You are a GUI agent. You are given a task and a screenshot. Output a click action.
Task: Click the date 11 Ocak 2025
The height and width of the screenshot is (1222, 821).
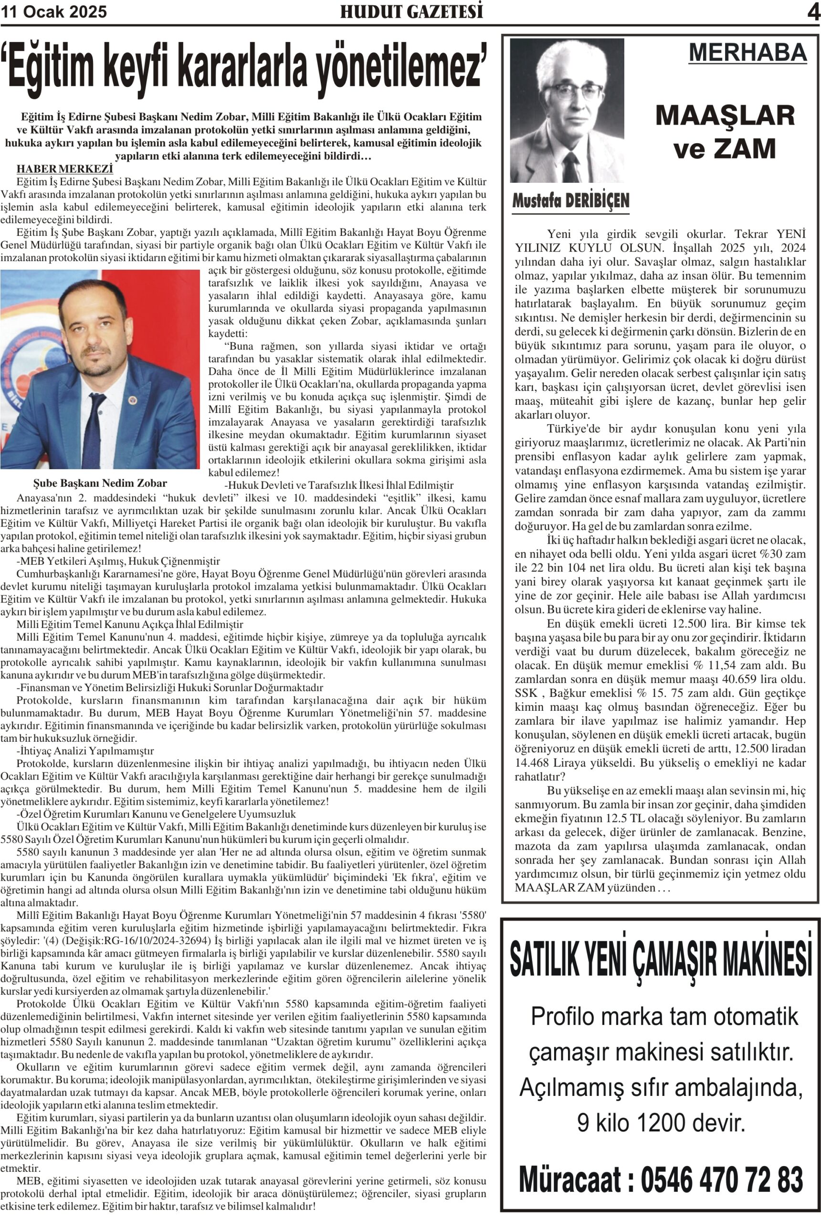coord(54,11)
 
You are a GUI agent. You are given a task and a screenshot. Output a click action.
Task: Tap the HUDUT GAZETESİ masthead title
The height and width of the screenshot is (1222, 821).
coord(411,11)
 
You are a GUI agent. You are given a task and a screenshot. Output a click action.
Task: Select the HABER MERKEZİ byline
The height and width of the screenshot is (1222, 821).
coord(65,169)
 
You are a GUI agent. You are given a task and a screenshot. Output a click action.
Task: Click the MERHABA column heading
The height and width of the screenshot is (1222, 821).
coord(747,53)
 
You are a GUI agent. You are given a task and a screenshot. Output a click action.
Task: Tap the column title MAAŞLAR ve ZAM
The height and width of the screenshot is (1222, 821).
coord(725,131)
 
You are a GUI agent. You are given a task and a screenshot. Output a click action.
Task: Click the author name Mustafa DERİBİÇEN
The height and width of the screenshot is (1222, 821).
coord(571,200)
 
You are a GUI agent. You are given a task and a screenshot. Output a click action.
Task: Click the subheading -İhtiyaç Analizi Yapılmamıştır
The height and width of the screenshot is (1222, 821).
coord(85,751)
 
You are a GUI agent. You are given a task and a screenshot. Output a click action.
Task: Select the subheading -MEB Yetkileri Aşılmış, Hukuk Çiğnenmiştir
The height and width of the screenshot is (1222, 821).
coord(118,561)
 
